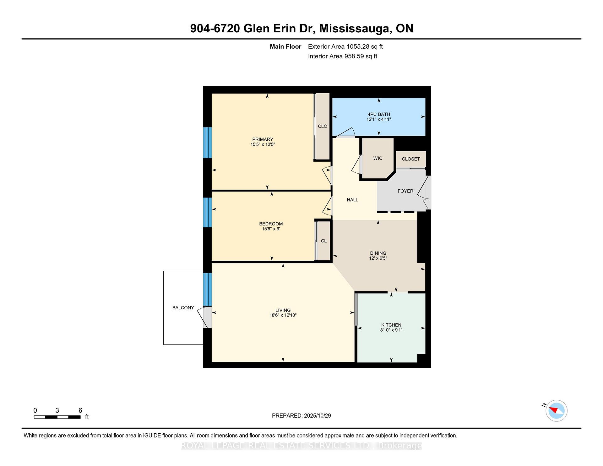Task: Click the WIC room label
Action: [x=378, y=158]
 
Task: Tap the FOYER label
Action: [x=405, y=191]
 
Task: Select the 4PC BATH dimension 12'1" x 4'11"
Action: [x=378, y=120]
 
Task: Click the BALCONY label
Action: [x=183, y=308]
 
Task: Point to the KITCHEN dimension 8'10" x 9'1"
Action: [x=391, y=330]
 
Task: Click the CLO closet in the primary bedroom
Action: [x=323, y=126]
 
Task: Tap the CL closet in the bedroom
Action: [x=324, y=241]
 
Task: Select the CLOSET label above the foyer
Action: [x=410, y=159]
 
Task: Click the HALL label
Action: [x=352, y=200]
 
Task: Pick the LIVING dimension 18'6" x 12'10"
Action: [x=283, y=315]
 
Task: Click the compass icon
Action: [x=556, y=410]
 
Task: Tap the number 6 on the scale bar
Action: [x=80, y=410]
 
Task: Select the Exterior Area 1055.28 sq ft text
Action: [x=345, y=47]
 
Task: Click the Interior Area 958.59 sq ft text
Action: [x=342, y=56]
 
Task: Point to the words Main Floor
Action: [x=285, y=47]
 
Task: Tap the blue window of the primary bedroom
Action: [x=207, y=143]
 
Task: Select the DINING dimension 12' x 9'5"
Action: [x=378, y=258]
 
